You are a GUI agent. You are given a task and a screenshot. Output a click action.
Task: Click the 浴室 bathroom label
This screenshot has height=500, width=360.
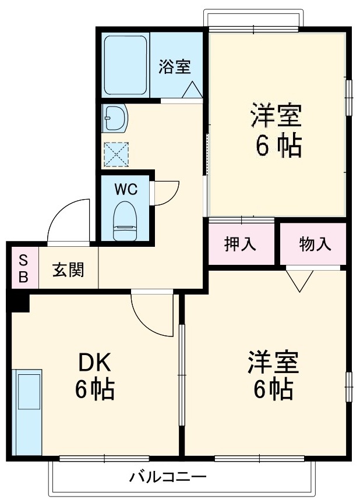coord(175,66)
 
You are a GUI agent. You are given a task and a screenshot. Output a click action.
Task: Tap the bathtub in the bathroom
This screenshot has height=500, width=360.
coord(125,65)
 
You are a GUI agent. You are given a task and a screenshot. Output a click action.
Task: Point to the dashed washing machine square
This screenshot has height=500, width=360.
coord(115,153)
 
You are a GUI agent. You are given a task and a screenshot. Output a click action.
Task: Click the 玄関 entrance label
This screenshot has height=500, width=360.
coord(68,269)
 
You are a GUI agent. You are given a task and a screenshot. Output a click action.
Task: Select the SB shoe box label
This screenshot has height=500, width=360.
coord(23,268)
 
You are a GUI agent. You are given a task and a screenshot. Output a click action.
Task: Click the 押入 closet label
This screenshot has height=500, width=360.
coord(240,244)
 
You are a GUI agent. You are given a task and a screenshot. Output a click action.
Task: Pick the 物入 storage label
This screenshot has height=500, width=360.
coord(315,244)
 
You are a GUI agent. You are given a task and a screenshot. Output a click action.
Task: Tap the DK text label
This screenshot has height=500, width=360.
coord(94,364)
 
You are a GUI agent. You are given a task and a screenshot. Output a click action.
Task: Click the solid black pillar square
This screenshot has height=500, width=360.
coord(19,302)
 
